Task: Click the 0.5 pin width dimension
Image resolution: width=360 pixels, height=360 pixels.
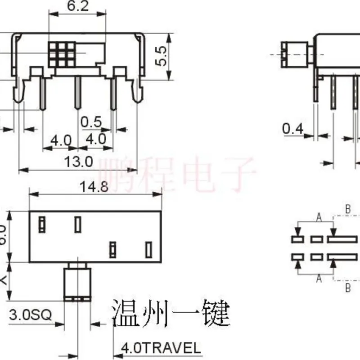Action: point(92,122)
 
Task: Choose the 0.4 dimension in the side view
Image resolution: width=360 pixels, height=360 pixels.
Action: point(292,129)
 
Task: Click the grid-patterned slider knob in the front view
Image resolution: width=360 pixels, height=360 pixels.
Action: point(61,54)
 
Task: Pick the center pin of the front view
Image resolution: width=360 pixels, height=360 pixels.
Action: point(77,93)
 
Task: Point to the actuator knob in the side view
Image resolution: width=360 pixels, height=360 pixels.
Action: point(293,54)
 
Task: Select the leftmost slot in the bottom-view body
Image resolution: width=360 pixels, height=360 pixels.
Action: point(42,224)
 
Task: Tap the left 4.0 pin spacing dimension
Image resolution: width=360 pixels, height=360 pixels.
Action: point(61,140)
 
